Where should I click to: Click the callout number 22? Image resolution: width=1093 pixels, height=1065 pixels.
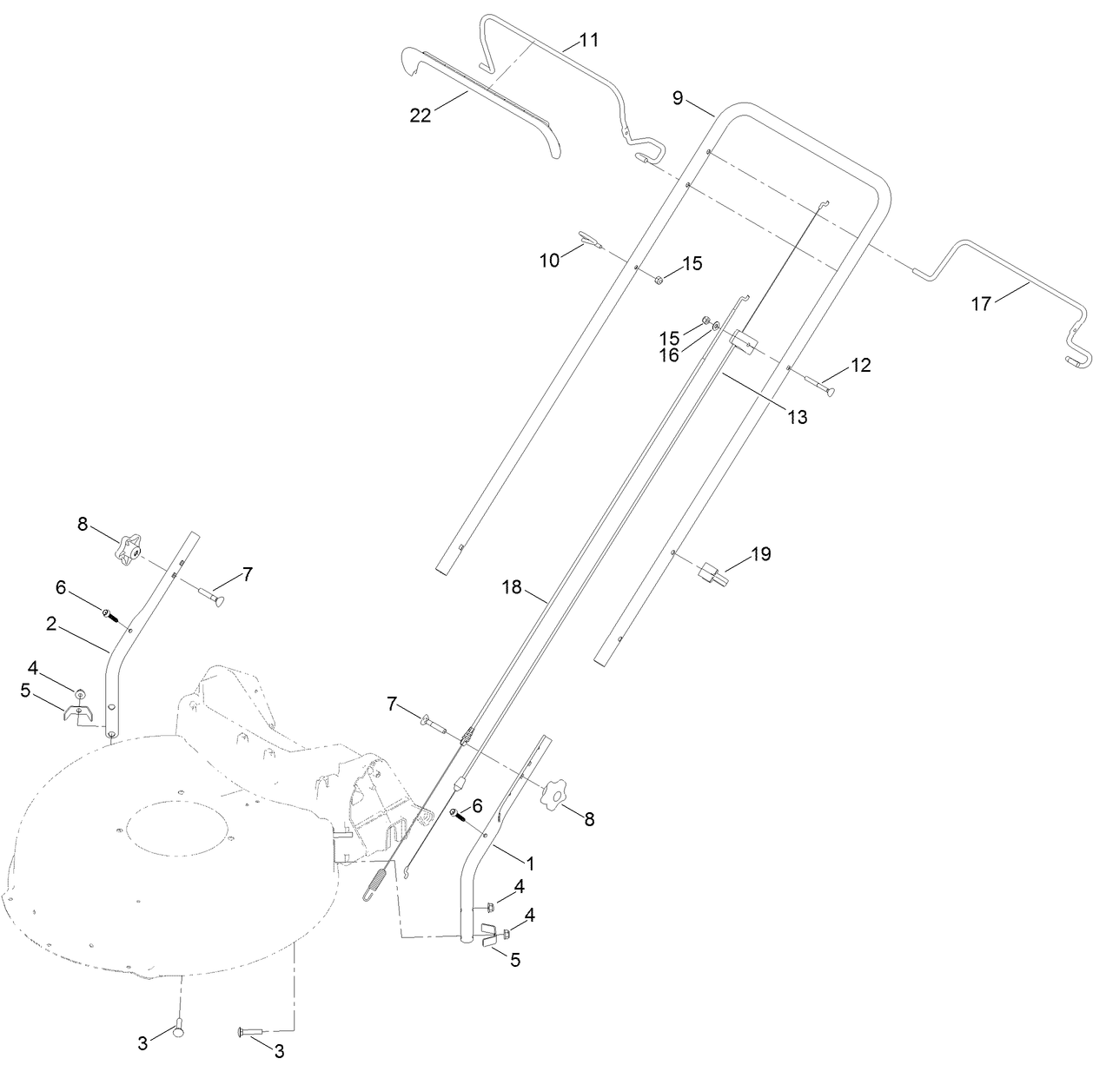coord(421,116)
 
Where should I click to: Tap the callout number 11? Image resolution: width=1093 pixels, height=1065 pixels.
coord(589,40)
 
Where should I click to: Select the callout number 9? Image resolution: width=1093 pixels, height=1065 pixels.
coord(678,98)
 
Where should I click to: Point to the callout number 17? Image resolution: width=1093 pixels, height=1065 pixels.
coord(981,304)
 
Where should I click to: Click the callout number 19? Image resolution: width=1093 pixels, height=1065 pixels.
coord(761,553)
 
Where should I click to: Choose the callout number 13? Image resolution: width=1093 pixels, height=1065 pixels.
coord(797,417)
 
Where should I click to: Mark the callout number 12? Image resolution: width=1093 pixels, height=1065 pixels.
coord(860,366)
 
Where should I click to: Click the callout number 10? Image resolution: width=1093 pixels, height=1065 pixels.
coord(550,260)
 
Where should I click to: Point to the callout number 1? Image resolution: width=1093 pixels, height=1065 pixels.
coord(530,863)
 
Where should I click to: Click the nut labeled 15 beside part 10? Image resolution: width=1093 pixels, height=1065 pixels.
coord(659,280)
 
